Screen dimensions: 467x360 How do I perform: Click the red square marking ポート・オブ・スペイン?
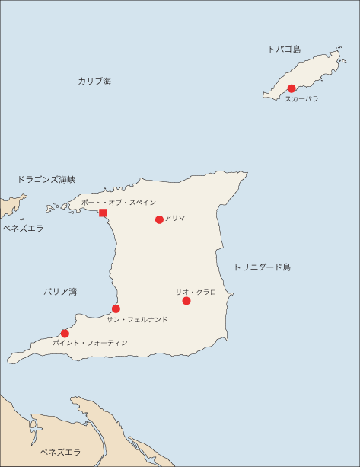103,213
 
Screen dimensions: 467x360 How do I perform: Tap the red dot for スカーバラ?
292,88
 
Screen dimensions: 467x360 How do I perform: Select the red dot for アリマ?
159,219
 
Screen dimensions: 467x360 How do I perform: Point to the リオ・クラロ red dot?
186,301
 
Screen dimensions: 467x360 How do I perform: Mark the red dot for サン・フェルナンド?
116,309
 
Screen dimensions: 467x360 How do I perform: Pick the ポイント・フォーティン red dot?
65,333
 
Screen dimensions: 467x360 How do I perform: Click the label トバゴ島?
284,49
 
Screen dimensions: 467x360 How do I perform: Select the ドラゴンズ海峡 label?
46,180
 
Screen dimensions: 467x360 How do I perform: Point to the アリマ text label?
175,218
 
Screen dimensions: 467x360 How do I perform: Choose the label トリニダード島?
262,267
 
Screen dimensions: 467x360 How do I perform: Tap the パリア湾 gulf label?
60,292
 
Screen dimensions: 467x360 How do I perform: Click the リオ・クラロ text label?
196,292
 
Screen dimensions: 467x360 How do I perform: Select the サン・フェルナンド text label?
137,320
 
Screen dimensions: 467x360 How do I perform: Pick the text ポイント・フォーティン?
90,344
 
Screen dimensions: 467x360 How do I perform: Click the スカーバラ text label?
301,99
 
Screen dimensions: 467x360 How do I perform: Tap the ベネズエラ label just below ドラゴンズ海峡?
22,228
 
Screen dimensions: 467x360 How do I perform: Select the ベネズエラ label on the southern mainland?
60,453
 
